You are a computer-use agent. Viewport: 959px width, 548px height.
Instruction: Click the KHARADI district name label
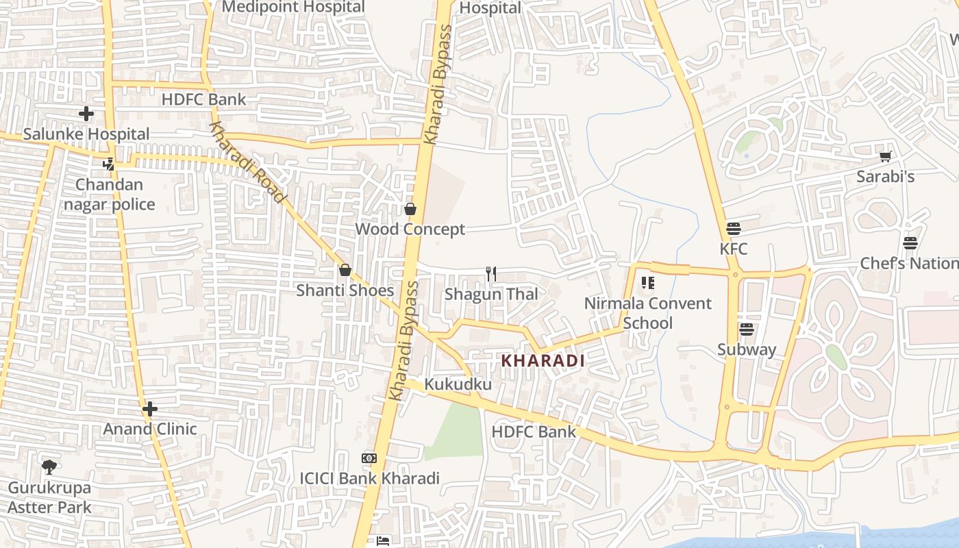(543, 360)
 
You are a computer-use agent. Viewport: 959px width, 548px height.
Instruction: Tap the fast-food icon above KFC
(734, 228)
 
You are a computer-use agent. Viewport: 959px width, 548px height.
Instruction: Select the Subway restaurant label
(747, 349)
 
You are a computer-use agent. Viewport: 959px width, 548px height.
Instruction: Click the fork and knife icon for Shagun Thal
(490, 274)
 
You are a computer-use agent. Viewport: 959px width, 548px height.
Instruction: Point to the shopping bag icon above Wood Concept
(410, 209)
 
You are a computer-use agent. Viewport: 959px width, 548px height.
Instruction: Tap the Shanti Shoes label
(345, 290)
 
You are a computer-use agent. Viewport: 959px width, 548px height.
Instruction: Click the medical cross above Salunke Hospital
(86, 114)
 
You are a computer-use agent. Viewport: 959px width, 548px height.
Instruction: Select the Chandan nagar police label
(110, 195)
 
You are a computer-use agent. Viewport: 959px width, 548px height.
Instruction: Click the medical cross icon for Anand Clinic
(150, 410)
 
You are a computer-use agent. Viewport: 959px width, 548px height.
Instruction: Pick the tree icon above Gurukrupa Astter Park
(49, 467)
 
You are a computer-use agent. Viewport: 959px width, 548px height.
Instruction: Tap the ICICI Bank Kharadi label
(369, 478)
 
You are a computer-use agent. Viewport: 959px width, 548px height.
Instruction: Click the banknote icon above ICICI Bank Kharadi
(369, 458)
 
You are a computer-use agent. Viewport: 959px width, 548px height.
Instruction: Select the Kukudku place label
(458, 384)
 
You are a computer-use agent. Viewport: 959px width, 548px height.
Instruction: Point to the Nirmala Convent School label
(647, 313)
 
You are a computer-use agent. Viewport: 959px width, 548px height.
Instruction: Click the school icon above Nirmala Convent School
(647, 282)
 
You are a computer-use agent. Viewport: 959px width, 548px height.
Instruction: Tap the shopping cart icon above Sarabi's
(885, 156)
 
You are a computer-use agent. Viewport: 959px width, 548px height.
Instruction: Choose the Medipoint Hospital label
(293, 8)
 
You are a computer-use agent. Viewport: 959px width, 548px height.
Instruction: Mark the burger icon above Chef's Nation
(910, 243)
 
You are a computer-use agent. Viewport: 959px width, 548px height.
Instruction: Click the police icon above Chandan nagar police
(108, 164)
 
